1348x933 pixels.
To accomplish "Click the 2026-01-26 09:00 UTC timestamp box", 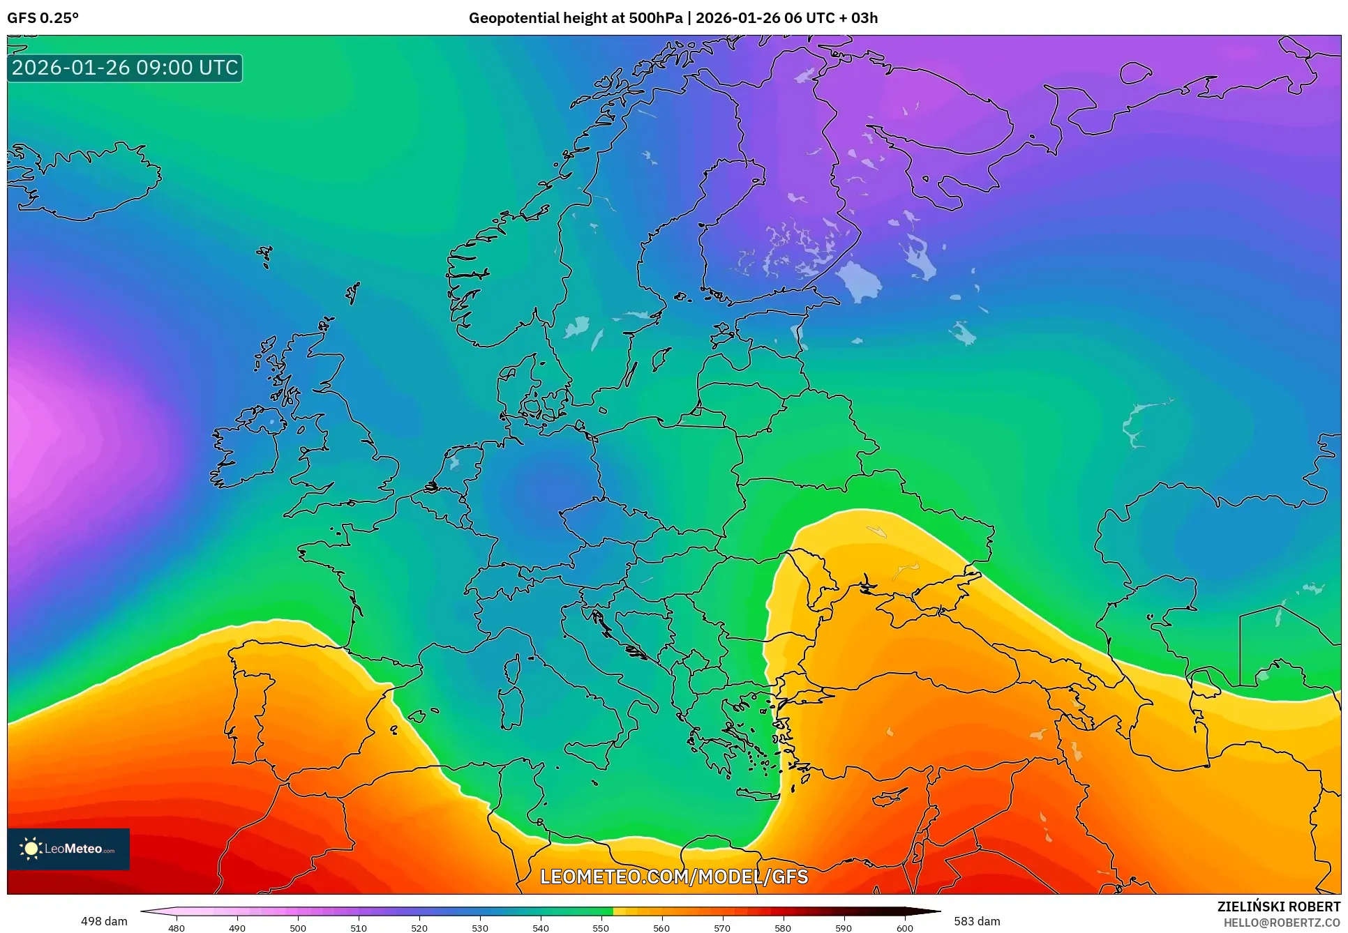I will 125,68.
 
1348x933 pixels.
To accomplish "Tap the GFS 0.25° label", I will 43,18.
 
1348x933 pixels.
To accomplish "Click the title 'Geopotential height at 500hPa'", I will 575,18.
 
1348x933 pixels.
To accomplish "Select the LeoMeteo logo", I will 68,849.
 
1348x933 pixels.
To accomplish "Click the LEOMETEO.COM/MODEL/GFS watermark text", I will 674,877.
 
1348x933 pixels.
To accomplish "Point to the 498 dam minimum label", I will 104,921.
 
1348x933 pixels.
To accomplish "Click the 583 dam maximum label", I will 977,921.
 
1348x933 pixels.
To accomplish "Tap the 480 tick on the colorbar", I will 177,927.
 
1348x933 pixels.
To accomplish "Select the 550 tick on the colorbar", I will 601,927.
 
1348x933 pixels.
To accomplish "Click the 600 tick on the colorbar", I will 904,927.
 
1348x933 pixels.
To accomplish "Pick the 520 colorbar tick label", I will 419,927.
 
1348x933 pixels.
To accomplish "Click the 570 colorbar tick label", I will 722,927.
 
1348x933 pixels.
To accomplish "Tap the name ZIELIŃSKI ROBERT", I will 1278,907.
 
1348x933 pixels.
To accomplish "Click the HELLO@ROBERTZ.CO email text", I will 1282,923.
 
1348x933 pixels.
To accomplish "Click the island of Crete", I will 758,794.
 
